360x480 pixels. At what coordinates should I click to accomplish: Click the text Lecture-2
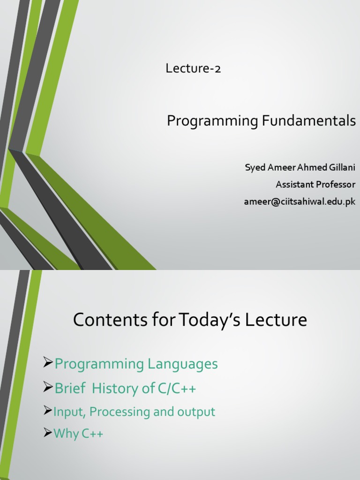pyautogui.click(x=193, y=69)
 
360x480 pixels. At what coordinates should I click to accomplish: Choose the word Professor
pyautogui.click(x=335, y=185)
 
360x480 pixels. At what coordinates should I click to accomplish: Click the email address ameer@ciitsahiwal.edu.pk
pyautogui.click(x=300, y=202)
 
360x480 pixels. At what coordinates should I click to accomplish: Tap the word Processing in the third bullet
pyautogui.click(x=119, y=412)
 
